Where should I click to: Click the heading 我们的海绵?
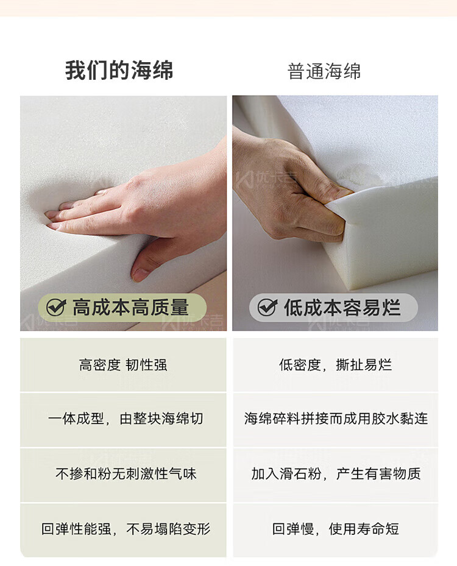pos(119,70)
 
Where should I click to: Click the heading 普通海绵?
pos(324,71)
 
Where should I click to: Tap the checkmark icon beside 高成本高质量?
pos(56,307)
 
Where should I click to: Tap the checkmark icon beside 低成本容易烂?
pos(267,307)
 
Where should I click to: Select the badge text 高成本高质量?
pos(130,307)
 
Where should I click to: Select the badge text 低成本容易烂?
pos(342,307)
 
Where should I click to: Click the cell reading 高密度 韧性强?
pos(123,365)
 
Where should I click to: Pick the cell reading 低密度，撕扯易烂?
pos(335,365)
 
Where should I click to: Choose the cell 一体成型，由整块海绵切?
pos(123,419)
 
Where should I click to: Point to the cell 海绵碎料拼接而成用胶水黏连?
pos(335,419)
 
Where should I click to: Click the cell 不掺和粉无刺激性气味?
pos(123,474)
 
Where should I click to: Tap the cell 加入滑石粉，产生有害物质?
pos(335,474)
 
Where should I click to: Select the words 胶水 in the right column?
pos(385,419)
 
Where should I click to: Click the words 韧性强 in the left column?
pos(146,365)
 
